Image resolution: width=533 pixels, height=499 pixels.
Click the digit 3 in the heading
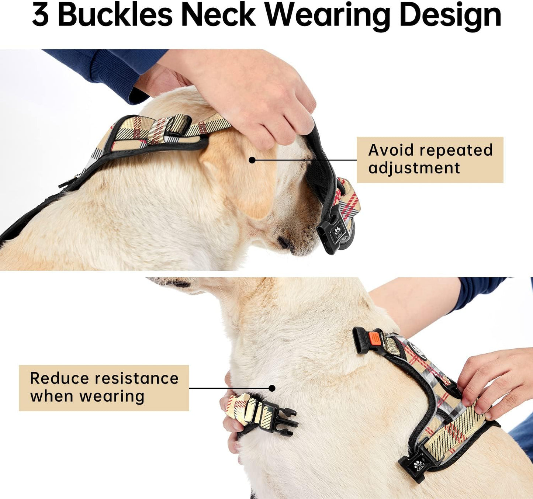click(x=40, y=15)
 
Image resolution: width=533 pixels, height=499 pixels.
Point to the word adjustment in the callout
click(x=414, y=168)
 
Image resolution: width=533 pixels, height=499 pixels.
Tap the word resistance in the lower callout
click(x=136, y=378)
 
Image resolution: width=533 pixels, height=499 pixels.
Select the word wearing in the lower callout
click(x=112, y=396)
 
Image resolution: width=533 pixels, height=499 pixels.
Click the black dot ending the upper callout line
click(x=252, y=160)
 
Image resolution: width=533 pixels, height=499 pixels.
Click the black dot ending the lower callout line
click(x=272, y=388)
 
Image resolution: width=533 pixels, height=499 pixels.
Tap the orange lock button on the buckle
click(x=374, y=337)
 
